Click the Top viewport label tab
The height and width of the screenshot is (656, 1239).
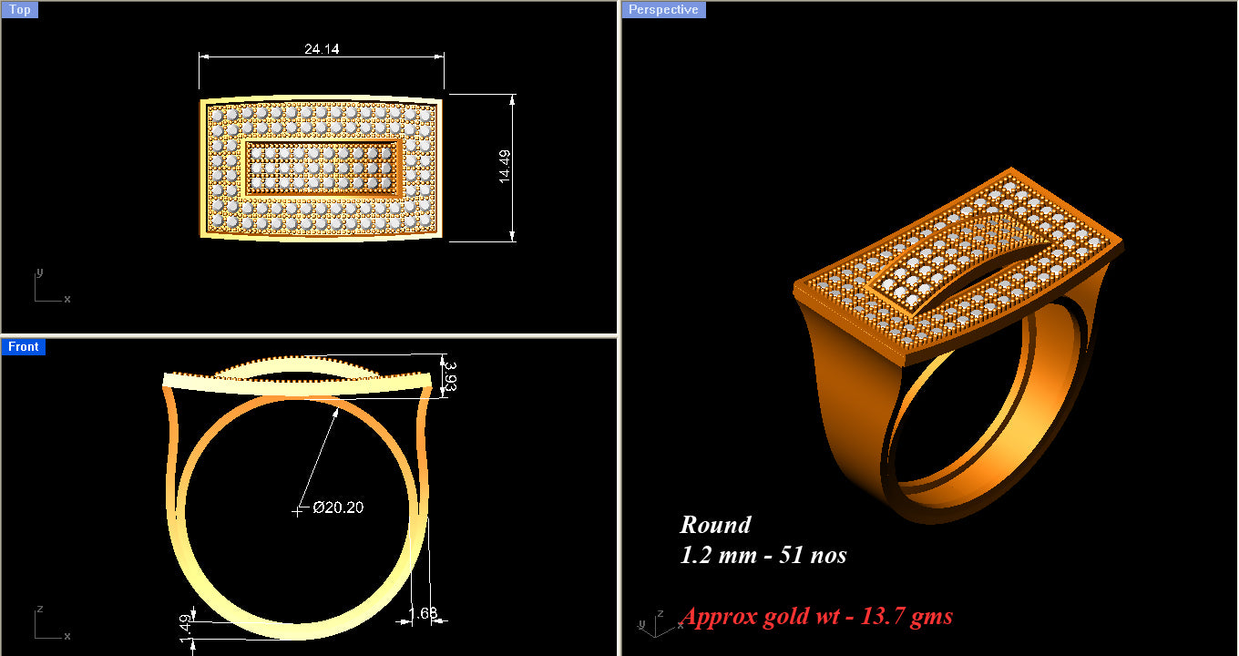(x=19, y=10)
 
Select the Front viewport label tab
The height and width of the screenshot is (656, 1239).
(x=23, y=346)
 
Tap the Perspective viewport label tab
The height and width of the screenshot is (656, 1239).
(x=664, y=9)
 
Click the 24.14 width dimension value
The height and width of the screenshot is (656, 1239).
(x=322, y=49)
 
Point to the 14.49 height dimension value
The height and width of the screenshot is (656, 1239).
(x=504, y=168)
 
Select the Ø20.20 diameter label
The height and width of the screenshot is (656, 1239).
(x=338, y=507)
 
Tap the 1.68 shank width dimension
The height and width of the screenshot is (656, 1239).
(x=424, y=613)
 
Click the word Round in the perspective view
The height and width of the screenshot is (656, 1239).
(x=715, y=525)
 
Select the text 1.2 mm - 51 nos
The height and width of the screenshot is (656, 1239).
(x=763, y=555)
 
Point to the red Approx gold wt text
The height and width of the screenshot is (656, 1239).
(x=816, y=617)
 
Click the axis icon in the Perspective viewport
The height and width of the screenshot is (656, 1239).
(x=649, y=620)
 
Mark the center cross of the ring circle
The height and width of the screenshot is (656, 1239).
(x=297, y=511)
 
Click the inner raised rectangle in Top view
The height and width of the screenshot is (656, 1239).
(x=323, y=168)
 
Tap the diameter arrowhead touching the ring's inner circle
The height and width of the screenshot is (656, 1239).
(x=336, y=411)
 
